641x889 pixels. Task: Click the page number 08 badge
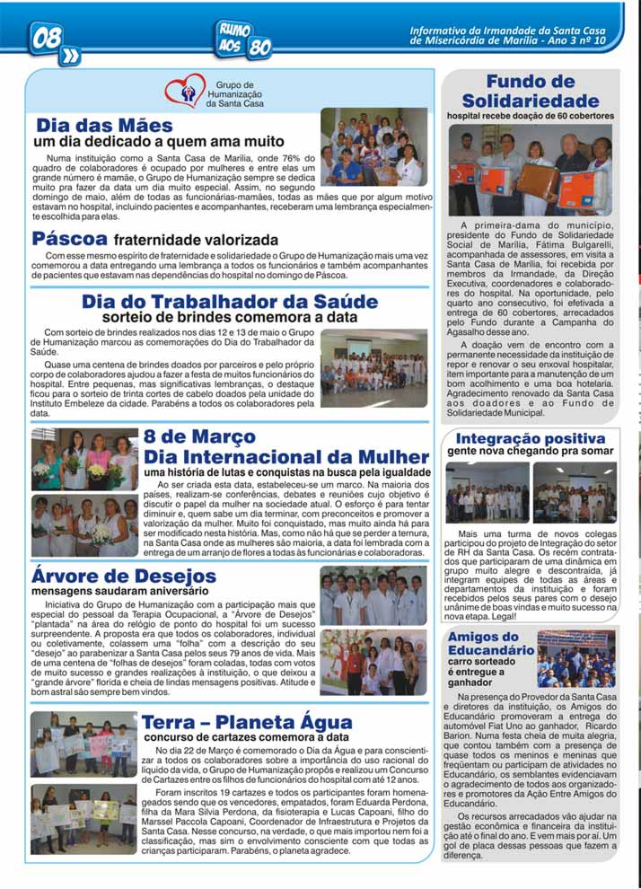(x=46, y=39)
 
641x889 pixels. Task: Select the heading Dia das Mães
(x=104, y=126)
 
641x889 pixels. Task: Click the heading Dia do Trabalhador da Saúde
(x=230, y=302)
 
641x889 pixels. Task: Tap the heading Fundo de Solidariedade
(x=530, y=92)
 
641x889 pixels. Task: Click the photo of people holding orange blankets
(x=530, y=171)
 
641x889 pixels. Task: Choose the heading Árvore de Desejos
(x=110, y=575)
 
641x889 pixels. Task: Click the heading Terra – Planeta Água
(x=245, y=722)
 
